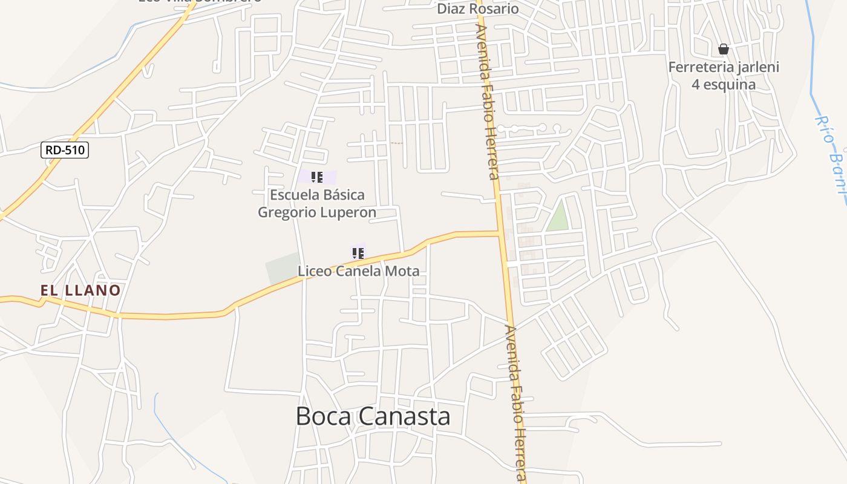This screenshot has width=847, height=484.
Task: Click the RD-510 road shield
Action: point(65,150)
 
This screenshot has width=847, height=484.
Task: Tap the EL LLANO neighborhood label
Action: point(80,290)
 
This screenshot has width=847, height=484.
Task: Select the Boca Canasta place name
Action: point(373,416)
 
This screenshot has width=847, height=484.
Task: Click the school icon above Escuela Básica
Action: point(316,177)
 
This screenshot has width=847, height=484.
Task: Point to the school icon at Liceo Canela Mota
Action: point(358,253)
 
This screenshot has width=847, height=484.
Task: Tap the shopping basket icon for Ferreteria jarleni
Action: point(723,49)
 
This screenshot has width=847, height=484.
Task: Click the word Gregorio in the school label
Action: point(287,212)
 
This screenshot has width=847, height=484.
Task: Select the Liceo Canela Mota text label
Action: point(358,270)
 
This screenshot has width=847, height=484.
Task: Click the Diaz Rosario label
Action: point(478,8)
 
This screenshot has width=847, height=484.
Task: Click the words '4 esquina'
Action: point(724,84)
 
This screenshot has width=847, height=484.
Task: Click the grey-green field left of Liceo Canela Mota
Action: point(282,268)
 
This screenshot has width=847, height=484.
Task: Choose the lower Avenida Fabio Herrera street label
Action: point(516,402)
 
